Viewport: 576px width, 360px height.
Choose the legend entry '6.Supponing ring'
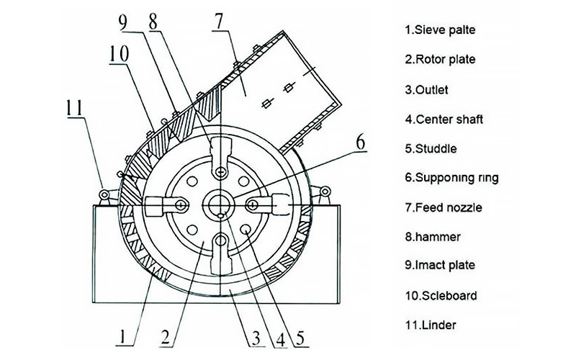tap(451, 178)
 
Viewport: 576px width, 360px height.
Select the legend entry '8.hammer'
tap(433, 236)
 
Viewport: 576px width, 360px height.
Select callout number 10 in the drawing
tap(120, 54)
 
